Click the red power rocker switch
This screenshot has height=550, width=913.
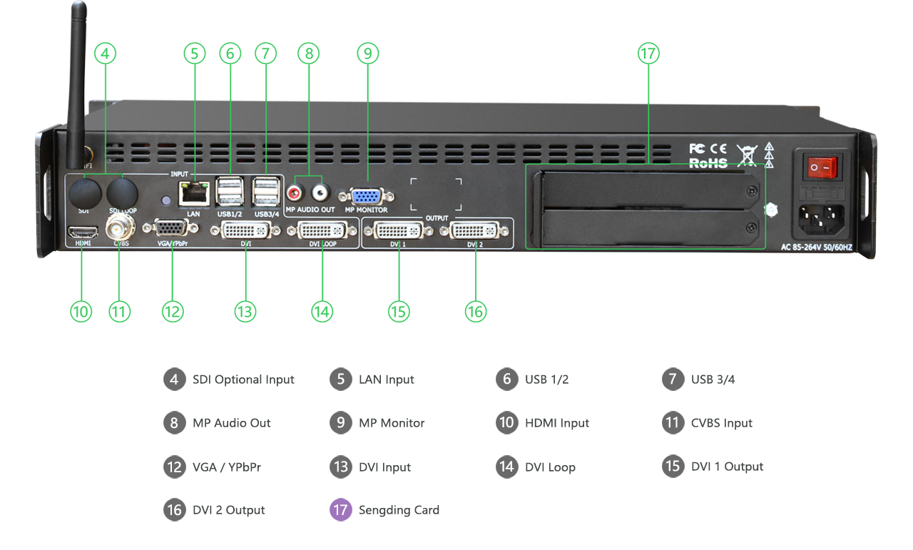[x=820, y=167]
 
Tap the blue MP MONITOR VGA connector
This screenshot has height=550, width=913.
[x=366, y=196]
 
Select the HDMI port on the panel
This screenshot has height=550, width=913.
[x=82, y=232]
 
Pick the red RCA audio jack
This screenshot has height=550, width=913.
[x=295, y=192]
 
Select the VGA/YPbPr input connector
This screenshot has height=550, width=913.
[x=172, y=228]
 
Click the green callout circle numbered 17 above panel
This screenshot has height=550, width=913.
[x=648, y=54]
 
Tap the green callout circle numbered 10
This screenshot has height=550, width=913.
[x=81, y=312]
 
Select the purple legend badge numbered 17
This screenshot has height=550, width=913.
[x=340, y=510]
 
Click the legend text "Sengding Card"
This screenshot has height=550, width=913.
[x=399, y=510]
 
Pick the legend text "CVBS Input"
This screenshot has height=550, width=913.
[x=721, y=423]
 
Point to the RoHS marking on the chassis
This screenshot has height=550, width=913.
[x=708, y=163]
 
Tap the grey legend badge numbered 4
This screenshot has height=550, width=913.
[x=174, y=380]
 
